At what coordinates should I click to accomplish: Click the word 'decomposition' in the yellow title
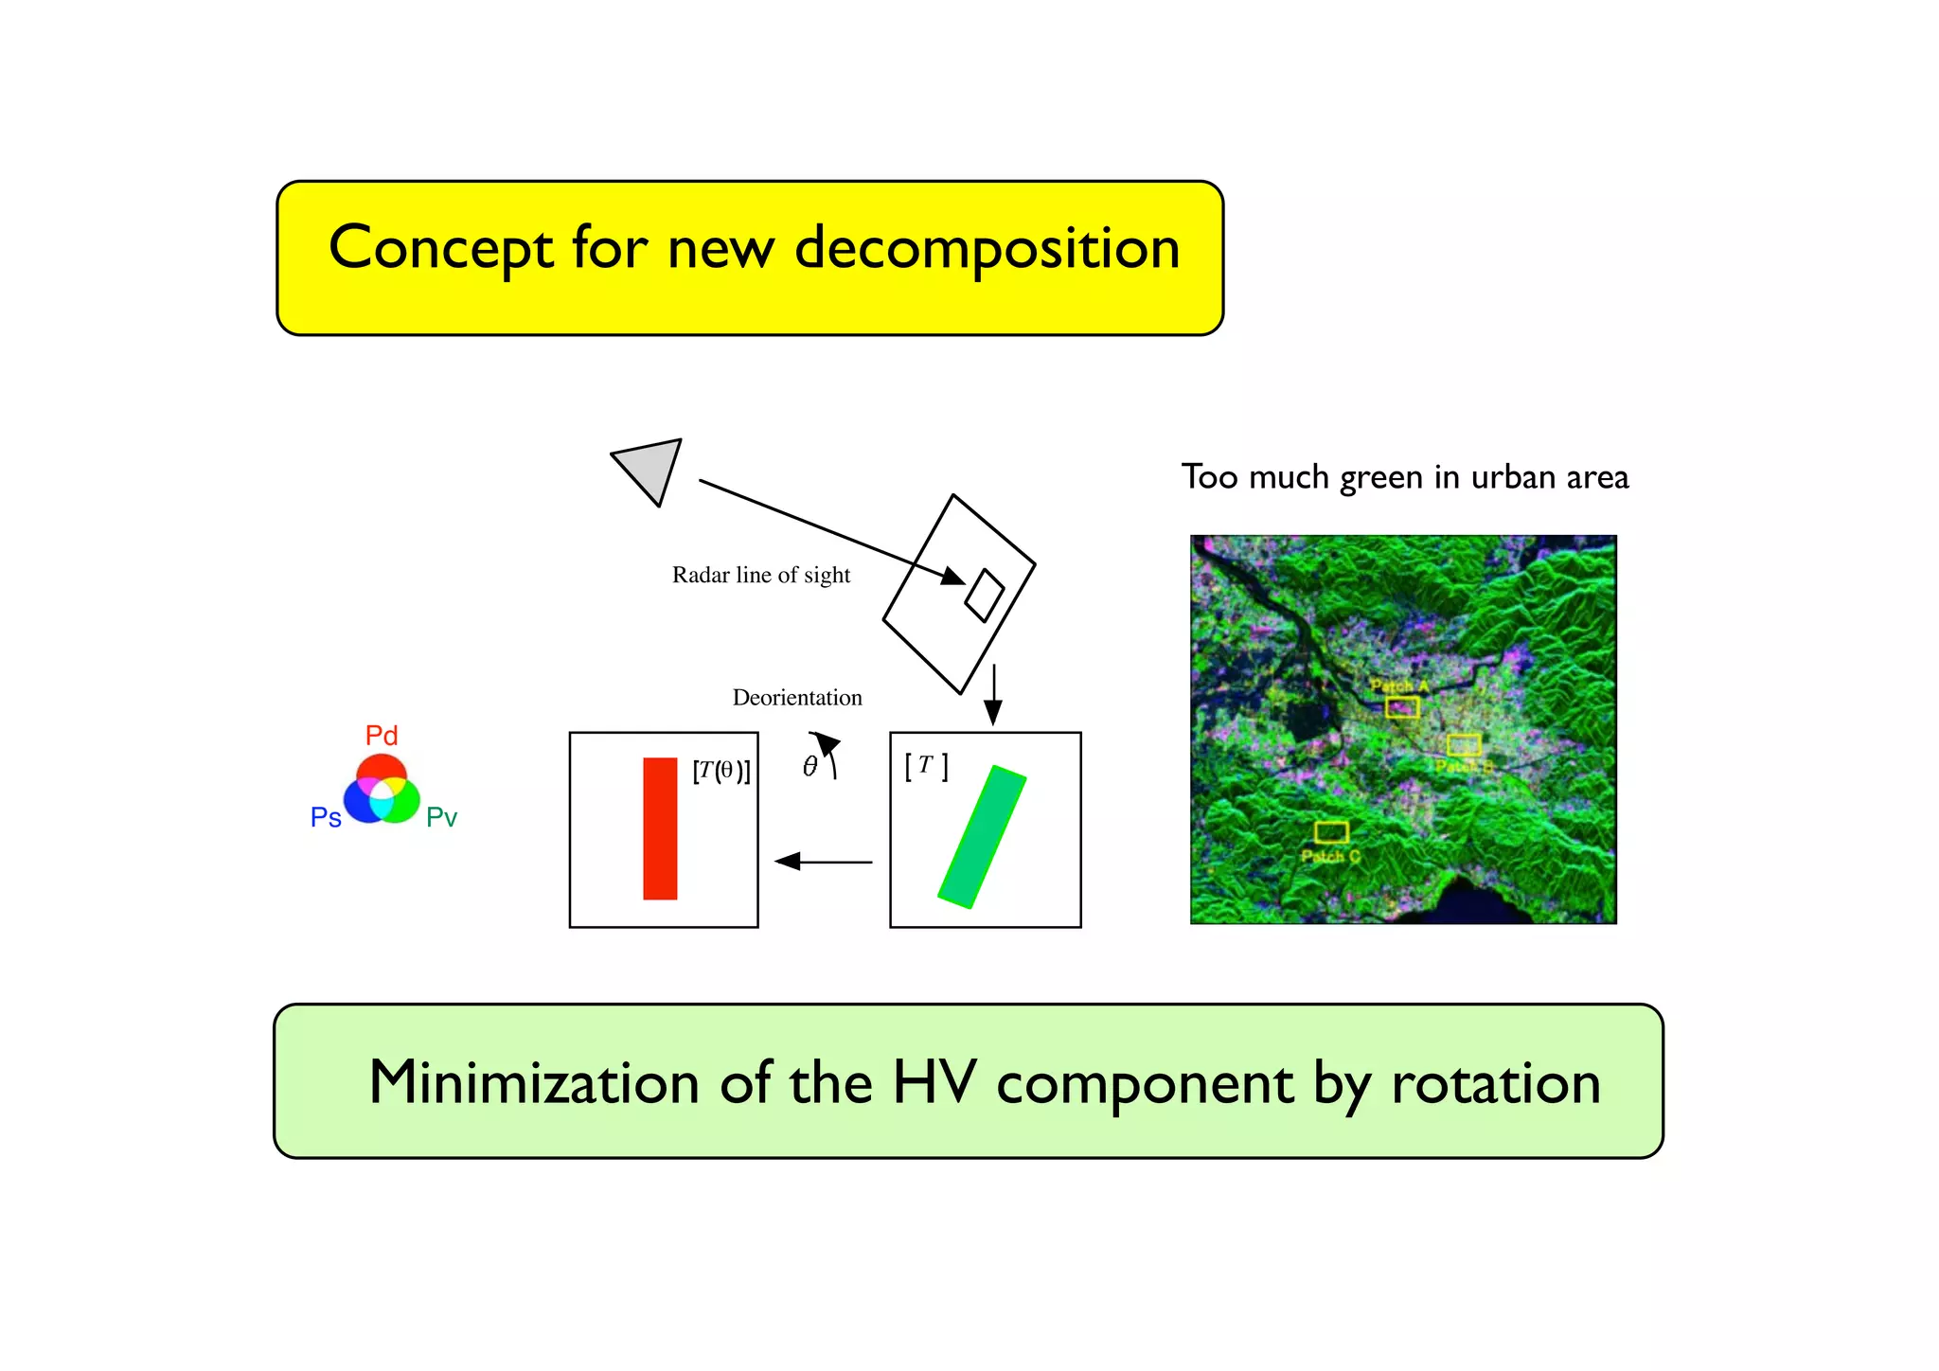[x=987, y=248]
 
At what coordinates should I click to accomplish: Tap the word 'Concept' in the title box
[x=440, y=248]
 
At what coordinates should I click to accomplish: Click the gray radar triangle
[x=650, y=468]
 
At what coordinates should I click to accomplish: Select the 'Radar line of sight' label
[x=761, y=575]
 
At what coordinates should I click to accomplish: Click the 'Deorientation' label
[x=797, y=698]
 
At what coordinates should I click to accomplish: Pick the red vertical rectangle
[x=660, y=828]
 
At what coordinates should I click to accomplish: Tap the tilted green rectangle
[x=983, y=837]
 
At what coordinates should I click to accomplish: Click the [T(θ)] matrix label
[x=721, y=771]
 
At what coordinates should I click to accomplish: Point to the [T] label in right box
[x=926, y=765]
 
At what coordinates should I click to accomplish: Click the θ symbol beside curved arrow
[x=809, y=766]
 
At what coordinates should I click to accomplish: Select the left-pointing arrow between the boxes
[x=823, y=862]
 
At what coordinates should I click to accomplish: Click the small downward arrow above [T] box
[x=993, y=696]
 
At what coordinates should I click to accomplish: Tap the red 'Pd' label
[x=382, y=736]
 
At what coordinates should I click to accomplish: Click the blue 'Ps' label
[x=326, y=817]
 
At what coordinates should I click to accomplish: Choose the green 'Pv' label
[x=441, y=817]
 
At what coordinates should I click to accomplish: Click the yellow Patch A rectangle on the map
[x=1402, y=706]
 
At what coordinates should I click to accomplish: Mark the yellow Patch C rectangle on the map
[x=1331, y=832]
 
